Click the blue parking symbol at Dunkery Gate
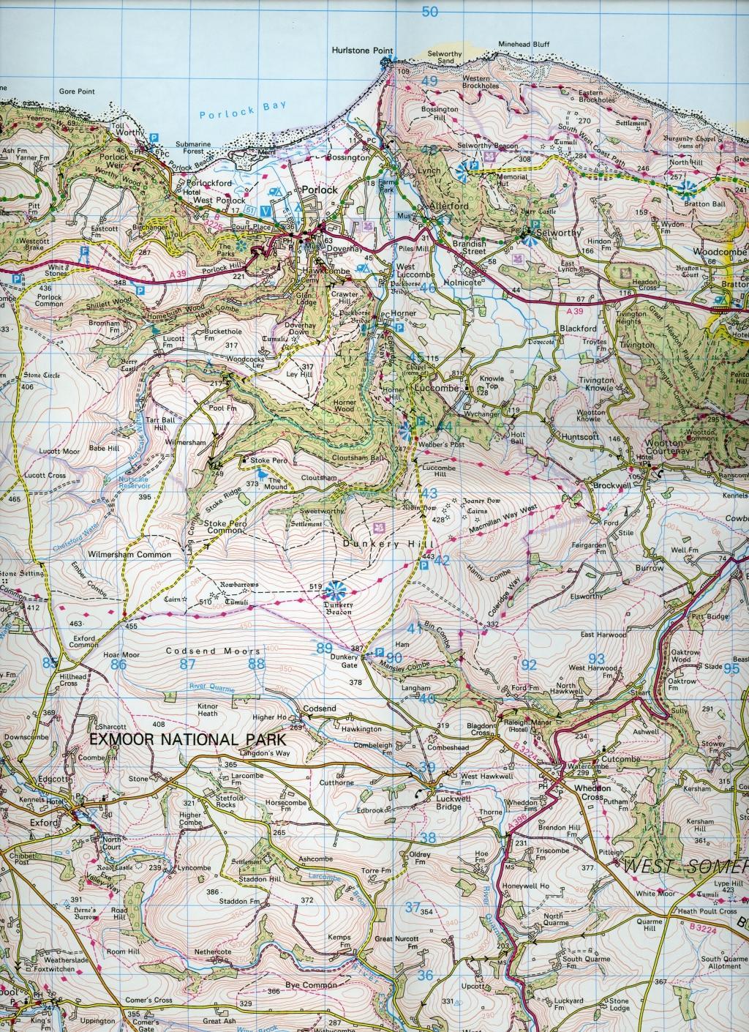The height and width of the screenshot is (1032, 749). coord(380,653)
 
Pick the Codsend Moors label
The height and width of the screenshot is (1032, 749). coord(213,651)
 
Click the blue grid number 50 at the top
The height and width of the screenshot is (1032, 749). coord(430,11)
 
